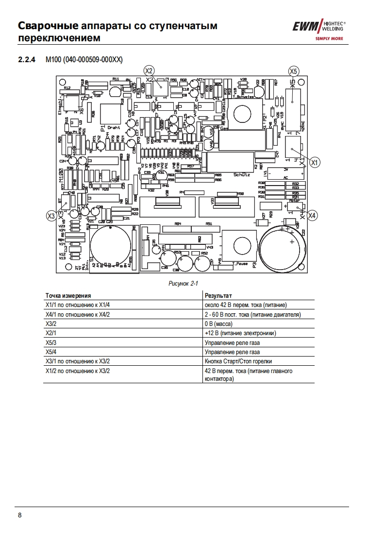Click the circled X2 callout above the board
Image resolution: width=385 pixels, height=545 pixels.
tap(149, 70)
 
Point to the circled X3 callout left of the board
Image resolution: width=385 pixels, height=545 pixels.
tap(51, 215)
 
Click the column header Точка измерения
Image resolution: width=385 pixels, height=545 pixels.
tap(68, 295)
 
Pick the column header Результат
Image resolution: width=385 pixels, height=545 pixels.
tap(218, 295)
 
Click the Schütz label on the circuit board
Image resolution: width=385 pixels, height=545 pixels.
tap(241, 174)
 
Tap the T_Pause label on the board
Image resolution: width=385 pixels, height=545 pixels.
tap(240, 263)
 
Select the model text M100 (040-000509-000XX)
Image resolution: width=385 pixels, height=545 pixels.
tap(84, 59)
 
